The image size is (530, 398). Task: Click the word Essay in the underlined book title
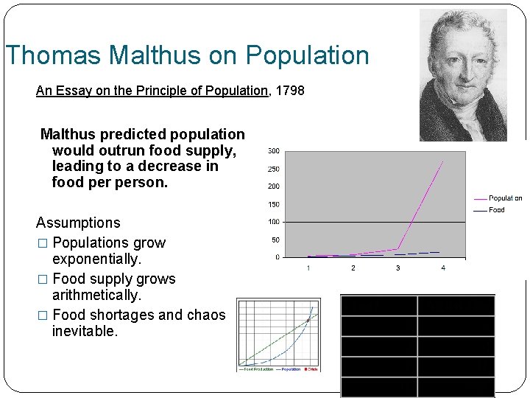[x=72, y=91]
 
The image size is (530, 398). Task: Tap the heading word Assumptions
[x=78, y=223]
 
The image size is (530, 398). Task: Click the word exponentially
[x=96, y=259]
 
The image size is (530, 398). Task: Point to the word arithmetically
[x=96, y=296]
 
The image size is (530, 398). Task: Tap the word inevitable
[x=85, y=332]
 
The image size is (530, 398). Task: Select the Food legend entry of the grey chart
[x=497, y=210]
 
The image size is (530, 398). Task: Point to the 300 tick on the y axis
[x=273, y=151]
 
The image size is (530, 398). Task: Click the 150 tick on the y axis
[x=273, y=204]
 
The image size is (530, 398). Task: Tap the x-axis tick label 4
[x=442, y=268]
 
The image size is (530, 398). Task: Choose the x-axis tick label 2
[x=353, y=268]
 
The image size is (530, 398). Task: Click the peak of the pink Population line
[x=442, y=161]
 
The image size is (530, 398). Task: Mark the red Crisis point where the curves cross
[x=308, y=320]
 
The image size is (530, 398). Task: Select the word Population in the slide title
[x=308, y=56]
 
